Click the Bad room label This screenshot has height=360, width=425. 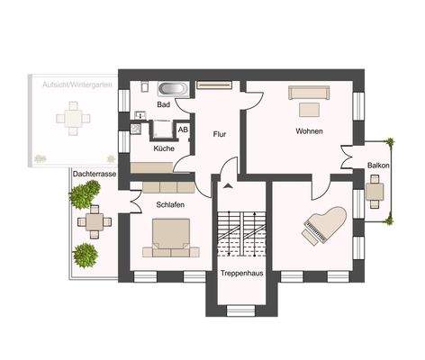163,104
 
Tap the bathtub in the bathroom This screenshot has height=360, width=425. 173,89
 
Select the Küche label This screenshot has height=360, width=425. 163,148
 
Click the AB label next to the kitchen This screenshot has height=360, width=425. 183,130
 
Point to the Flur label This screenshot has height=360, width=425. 219,134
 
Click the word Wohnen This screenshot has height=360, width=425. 308,131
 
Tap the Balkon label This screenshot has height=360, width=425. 378,166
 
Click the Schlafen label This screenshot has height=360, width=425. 170,204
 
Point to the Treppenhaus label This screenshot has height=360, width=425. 241,274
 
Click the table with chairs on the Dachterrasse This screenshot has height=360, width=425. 92,220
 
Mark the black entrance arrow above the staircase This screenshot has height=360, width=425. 228,185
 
